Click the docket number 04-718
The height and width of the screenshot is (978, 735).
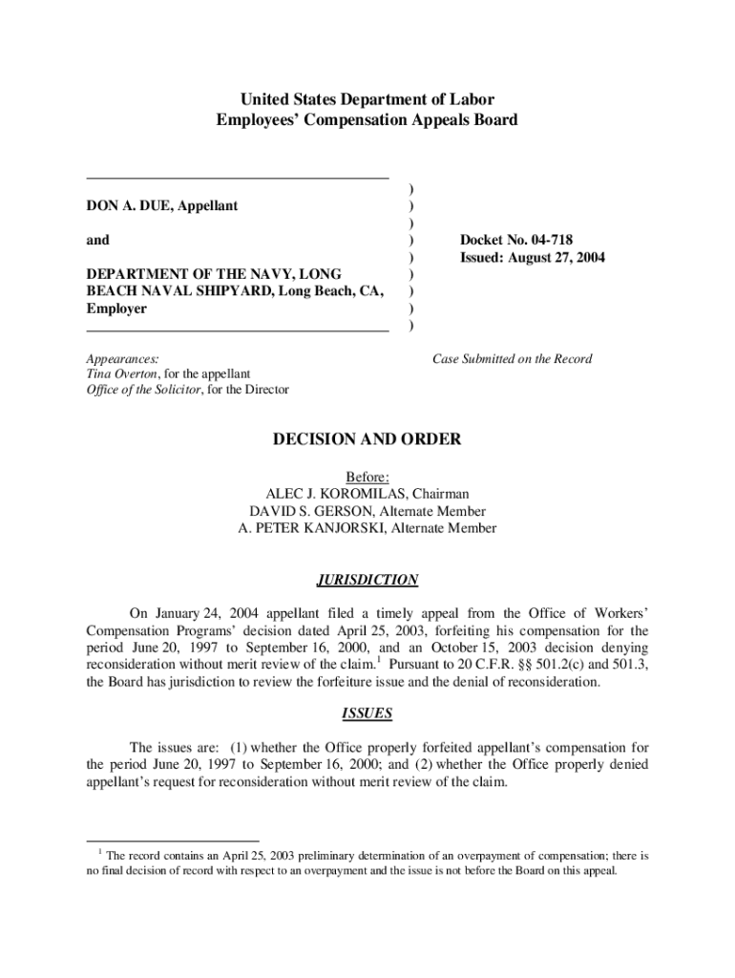(x=547, y=240)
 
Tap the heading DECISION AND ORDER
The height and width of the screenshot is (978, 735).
(x=367, y=439)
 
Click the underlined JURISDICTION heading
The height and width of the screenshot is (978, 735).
(x=367, y=580)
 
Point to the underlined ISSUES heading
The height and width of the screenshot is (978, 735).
(x=367, y=713)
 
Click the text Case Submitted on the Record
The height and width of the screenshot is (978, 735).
(x=512, y=359)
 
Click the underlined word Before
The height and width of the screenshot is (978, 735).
(x=367, y=477)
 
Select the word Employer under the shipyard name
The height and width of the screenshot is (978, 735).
(x=116, y=308)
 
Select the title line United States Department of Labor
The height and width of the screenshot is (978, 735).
(x=367, y=100)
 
